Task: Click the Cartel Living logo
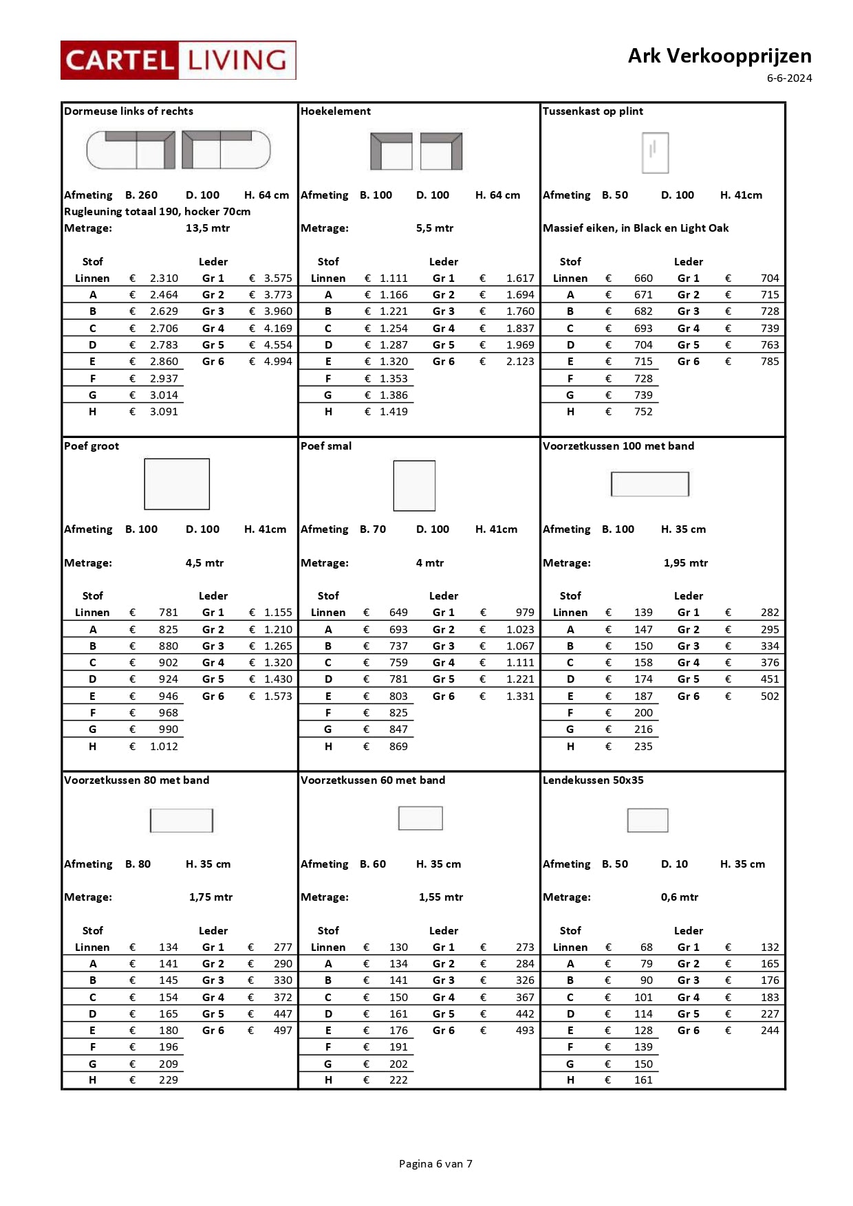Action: (x=178, y=61)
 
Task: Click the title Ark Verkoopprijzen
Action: (x=719, y=56)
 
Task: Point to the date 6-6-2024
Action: (x=789, y=78)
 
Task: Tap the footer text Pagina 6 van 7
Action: (x=435, y=1163)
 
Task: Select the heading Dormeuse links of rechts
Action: (x=129, y=111)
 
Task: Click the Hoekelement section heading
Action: (x=336, y=111)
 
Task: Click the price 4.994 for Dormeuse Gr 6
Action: (x=278, y=362)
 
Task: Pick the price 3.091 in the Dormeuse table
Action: (x=164, y=412)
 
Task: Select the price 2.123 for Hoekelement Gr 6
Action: (x=520, y=362)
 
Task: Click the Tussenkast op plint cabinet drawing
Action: (x=655, y=153)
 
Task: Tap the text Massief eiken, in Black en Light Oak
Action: (x=636, y=228)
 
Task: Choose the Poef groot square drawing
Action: (x=177, y=484)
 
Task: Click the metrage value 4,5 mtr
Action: (x=204, y=563)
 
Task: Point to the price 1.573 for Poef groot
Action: (x=278, y=697)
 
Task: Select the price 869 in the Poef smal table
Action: (x=398, y=747)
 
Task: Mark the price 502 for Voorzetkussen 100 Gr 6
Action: (x=770, y=697)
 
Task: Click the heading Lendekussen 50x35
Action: (x=593, y=780)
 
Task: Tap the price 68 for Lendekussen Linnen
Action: (x=647, y=947)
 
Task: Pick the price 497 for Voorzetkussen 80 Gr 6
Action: (x=283, y=1031)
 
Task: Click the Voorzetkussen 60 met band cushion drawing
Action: (x=420, y=818)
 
